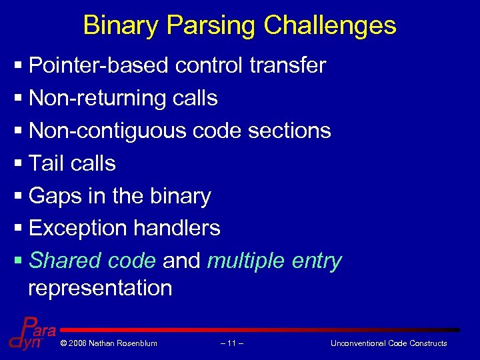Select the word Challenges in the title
(x=330, y=26)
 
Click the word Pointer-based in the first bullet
(x=99, y=65)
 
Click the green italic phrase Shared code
(x=93, y=261)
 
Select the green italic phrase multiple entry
(x=274, y=261)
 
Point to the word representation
(x=100, y=288)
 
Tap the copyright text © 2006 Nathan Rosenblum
(x=108, y=343)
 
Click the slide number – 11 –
(x=231, y=343)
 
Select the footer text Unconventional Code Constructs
(x=389, y=343)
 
